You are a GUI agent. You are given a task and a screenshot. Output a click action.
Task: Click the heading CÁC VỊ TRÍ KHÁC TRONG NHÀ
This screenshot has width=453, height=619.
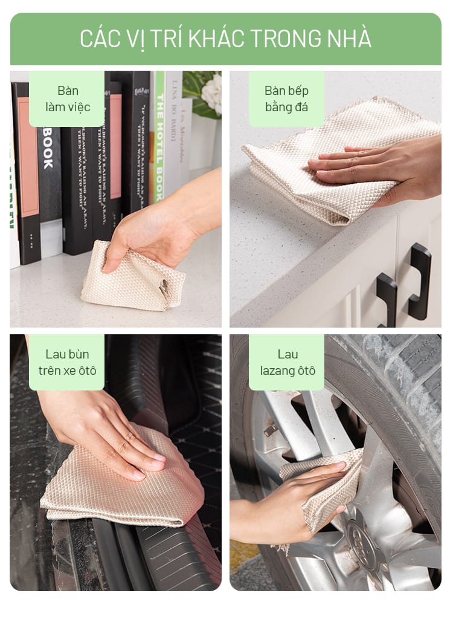click(x=226, y=38)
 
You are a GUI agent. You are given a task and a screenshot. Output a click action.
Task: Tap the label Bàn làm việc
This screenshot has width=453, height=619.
click(x=68, y=99)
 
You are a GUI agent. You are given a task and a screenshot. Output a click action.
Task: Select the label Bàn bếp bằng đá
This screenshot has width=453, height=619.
click(x=286, y=99)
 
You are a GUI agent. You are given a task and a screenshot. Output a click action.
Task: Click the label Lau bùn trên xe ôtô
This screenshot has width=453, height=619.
click(x=67, y=362)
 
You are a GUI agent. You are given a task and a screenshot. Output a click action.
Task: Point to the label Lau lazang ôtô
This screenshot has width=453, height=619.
click(x=288, y=362)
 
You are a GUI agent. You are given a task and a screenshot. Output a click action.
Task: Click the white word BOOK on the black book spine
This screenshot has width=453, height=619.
click(x=48, y=147)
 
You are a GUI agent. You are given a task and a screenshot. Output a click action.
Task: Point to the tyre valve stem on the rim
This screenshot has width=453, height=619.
click(x=271, y=429)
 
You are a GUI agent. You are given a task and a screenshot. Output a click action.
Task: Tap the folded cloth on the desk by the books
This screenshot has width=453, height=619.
click(x=132, y=277)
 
